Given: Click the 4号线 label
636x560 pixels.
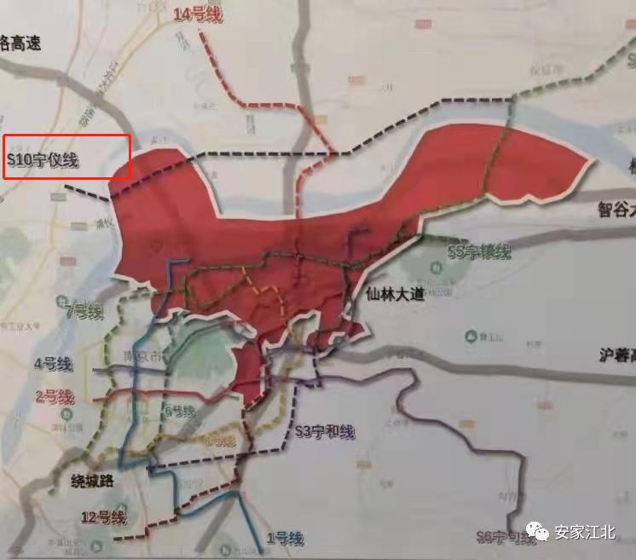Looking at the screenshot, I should (53, 364).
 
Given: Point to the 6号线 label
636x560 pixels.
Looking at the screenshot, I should (179, 411).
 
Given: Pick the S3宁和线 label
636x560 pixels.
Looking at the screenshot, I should (323, 432).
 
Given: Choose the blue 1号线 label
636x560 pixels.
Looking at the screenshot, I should (285, 538).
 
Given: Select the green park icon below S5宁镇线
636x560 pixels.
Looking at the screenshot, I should (436, 267).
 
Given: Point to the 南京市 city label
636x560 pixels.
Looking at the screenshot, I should (142, 355).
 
